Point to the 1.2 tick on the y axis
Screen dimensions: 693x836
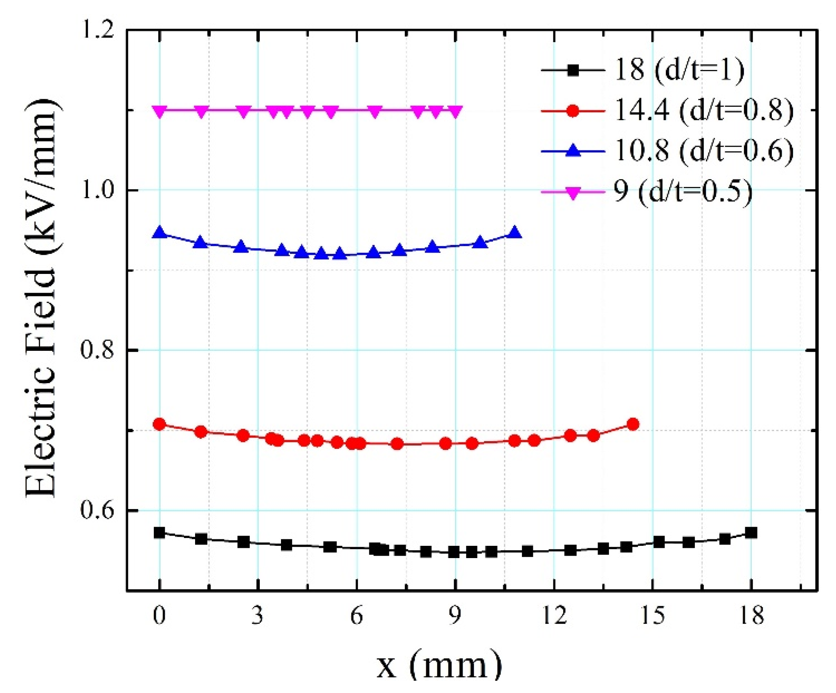97,31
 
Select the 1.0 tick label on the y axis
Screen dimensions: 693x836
97,191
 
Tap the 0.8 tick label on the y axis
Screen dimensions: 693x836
97,350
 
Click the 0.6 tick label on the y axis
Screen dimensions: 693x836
97,511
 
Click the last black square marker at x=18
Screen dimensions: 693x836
751,533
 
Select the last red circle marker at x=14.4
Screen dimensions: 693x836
633,424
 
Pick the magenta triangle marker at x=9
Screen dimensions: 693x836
455,111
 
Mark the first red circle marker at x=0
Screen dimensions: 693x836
160,424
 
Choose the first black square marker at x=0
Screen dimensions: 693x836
160,533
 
